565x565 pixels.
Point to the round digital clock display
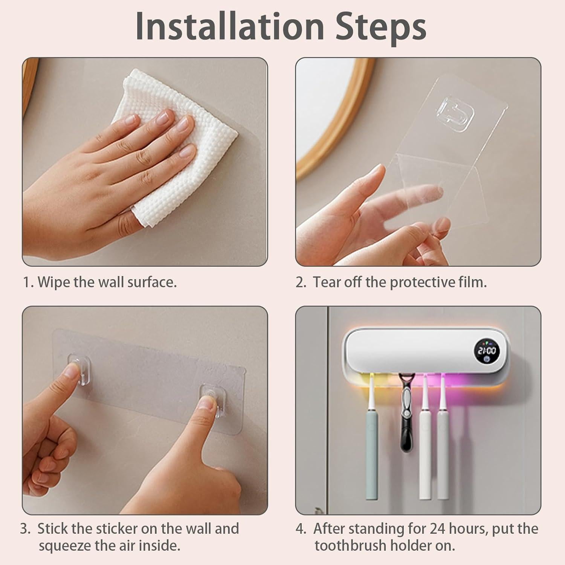click(487, 352)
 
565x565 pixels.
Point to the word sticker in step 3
click(117, 529)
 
